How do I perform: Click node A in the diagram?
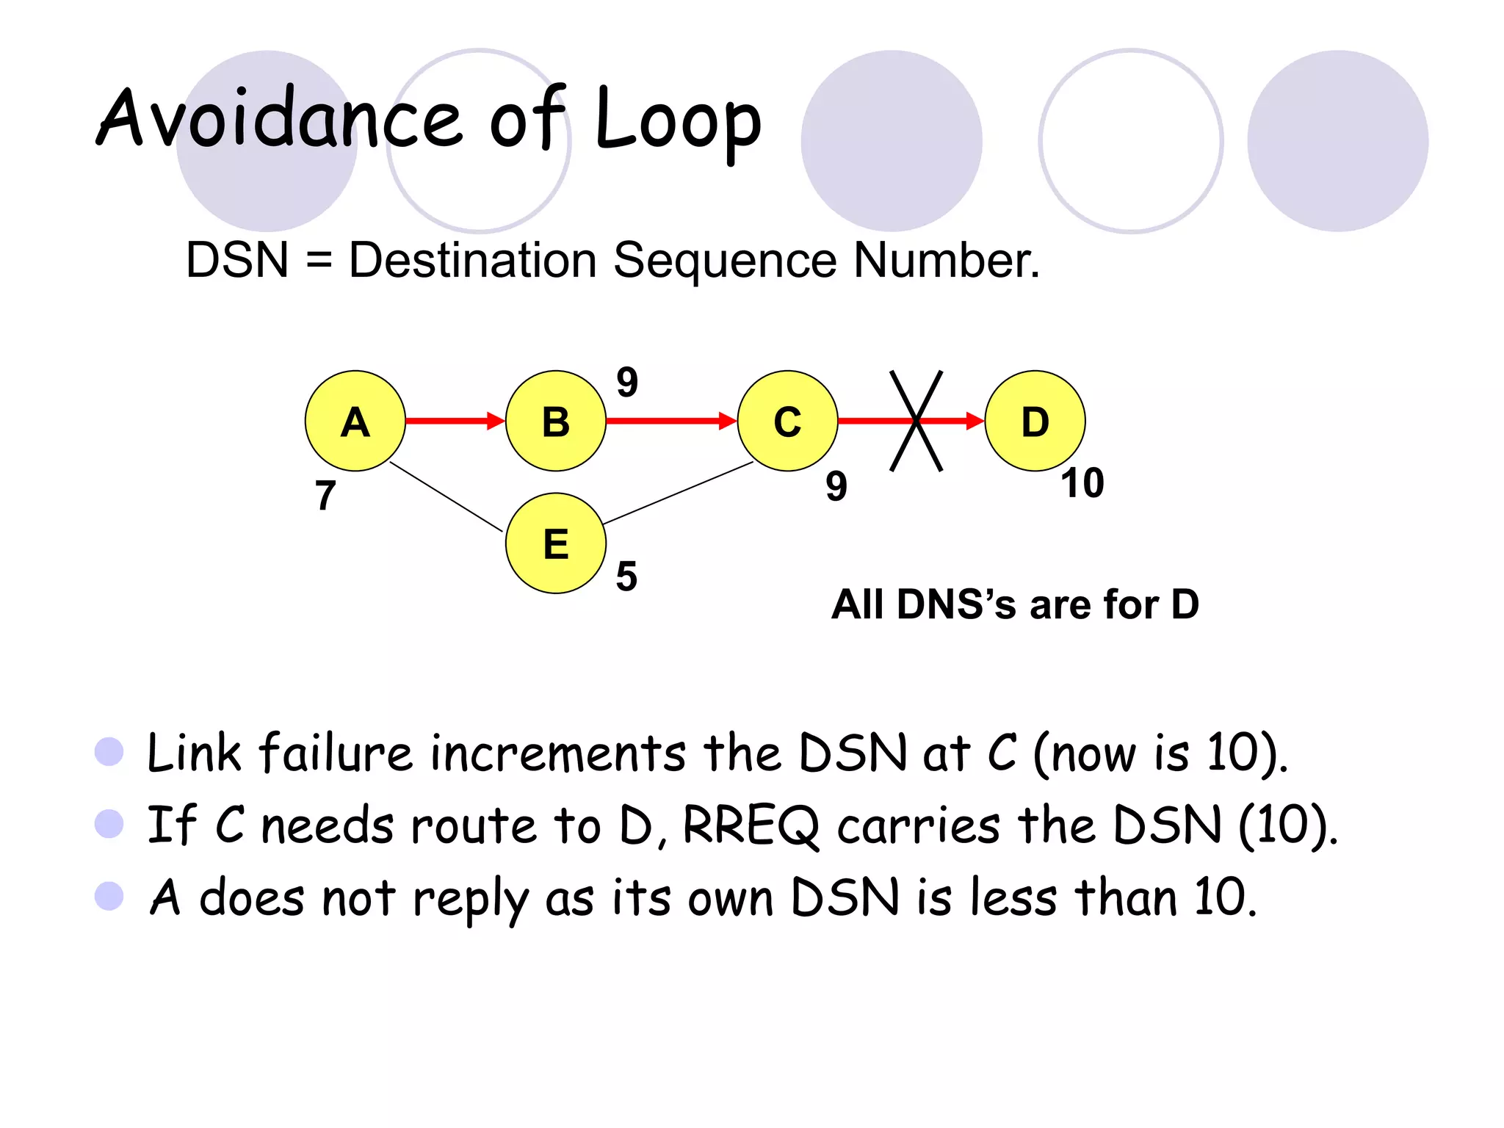point(355,421)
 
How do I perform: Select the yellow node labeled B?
point(556,421)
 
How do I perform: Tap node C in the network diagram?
point(787,421)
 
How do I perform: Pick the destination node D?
point(1035,421)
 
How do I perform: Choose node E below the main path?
point(556,543)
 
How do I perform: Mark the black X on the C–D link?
point(916,421)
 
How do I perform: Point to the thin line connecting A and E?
point(446,496)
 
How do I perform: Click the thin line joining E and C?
point(677,493)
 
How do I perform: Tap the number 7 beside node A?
point(325,496)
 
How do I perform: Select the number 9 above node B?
point(627,382)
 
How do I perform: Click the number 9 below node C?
point(836,486)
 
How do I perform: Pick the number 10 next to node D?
point(1082,483)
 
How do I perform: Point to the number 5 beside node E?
point(626,576)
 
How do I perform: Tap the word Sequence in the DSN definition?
point(724,261)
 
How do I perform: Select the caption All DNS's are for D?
point(1015,604)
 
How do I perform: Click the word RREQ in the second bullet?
point(751,825)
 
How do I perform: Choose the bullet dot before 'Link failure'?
point(109,751)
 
